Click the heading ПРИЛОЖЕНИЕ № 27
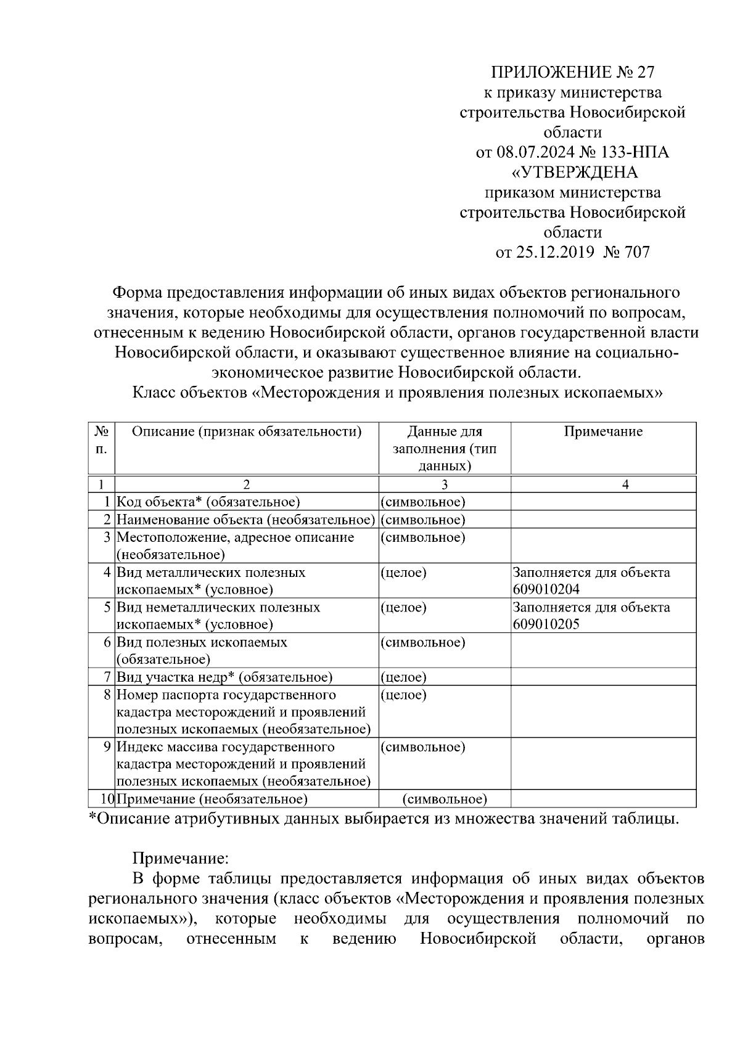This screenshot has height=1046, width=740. (x=572, y=73)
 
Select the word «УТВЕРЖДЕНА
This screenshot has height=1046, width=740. (x=572, y=172)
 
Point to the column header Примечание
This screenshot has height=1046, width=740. (x=602, y=431)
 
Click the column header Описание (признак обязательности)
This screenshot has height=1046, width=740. (x=247, y=431)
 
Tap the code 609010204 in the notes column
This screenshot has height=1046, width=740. (x=546, y=589)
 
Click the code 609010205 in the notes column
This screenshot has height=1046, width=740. (x=546, y=624)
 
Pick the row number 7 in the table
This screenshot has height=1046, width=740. (x=108, y=677)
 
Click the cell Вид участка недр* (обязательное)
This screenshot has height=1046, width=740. (x=224, y=677)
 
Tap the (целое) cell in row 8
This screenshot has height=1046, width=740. (x=403, y=695)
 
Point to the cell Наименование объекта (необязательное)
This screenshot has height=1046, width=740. (x=246, y=520)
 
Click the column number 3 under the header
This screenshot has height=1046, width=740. (x=444, y=485)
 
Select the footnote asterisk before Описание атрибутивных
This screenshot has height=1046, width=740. (x=92, y=818)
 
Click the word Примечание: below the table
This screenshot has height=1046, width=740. (x=181, y=858)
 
